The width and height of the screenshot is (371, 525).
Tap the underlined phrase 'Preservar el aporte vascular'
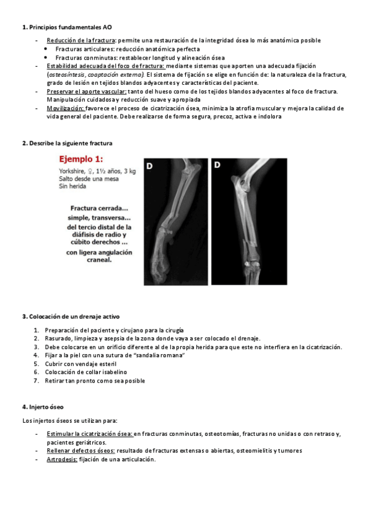83,91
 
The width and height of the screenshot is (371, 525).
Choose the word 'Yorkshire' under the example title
73,171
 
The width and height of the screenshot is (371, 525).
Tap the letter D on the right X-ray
217,165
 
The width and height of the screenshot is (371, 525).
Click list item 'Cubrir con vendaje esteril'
81,364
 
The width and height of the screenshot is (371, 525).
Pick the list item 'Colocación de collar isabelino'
85,372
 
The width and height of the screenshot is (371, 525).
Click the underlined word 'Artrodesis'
62,459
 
